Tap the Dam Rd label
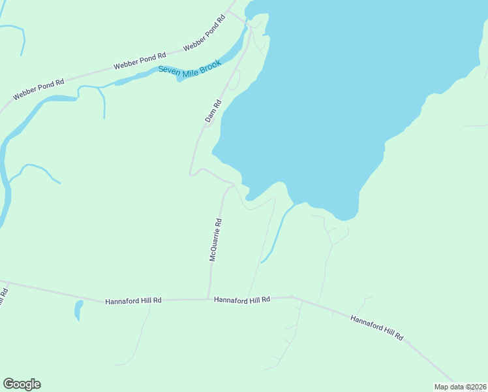point(213,111)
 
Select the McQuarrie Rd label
point(216,240)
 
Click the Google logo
point(22,384)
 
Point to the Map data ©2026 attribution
point(460,387)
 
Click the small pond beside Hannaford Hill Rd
point(78,310)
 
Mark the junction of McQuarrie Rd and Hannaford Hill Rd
point(209,299)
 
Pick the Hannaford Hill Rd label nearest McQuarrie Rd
point(242,299)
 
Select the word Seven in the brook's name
point(170,73)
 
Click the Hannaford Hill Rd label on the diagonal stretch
point(376,328)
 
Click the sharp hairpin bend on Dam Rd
point(191,173)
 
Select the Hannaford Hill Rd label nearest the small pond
point(133,301)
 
